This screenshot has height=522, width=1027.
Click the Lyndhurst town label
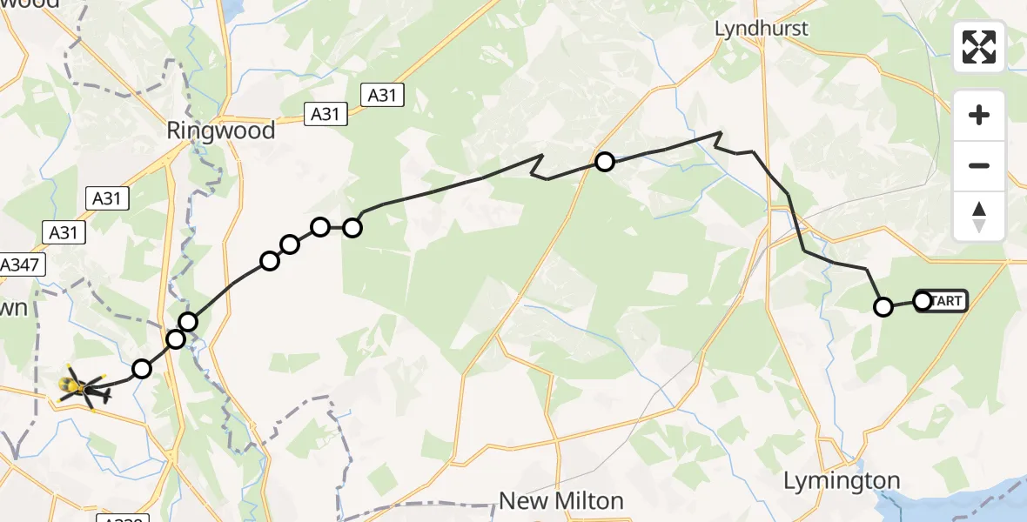click(x=761, y=29)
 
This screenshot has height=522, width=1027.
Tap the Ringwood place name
click(x=221, y=131)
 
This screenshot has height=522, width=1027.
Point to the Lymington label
click(x=841, y=480)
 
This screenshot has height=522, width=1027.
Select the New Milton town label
click(x=560, y=501)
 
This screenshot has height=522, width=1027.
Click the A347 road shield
click(x=20, y=265)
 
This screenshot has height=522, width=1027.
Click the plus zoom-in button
click(x=979, y=115)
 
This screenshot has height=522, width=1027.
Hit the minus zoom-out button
click(x=979, y=165)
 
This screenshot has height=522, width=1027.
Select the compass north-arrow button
click(x=979, y=216)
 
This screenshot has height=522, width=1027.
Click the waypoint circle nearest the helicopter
click(x=142, y=369)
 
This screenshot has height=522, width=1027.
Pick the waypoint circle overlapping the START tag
click(x=923, y=301)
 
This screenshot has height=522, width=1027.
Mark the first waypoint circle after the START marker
click(x=883, y=306)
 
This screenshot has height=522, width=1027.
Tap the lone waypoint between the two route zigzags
click(x=604, y=161)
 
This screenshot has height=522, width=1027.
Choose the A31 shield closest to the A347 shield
click(x=63, y=232)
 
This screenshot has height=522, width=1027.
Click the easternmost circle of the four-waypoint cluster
click(x=352, y=228)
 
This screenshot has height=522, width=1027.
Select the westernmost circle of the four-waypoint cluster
click(x=270, y=260)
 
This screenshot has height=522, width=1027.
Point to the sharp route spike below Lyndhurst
click(x=719, y=134)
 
